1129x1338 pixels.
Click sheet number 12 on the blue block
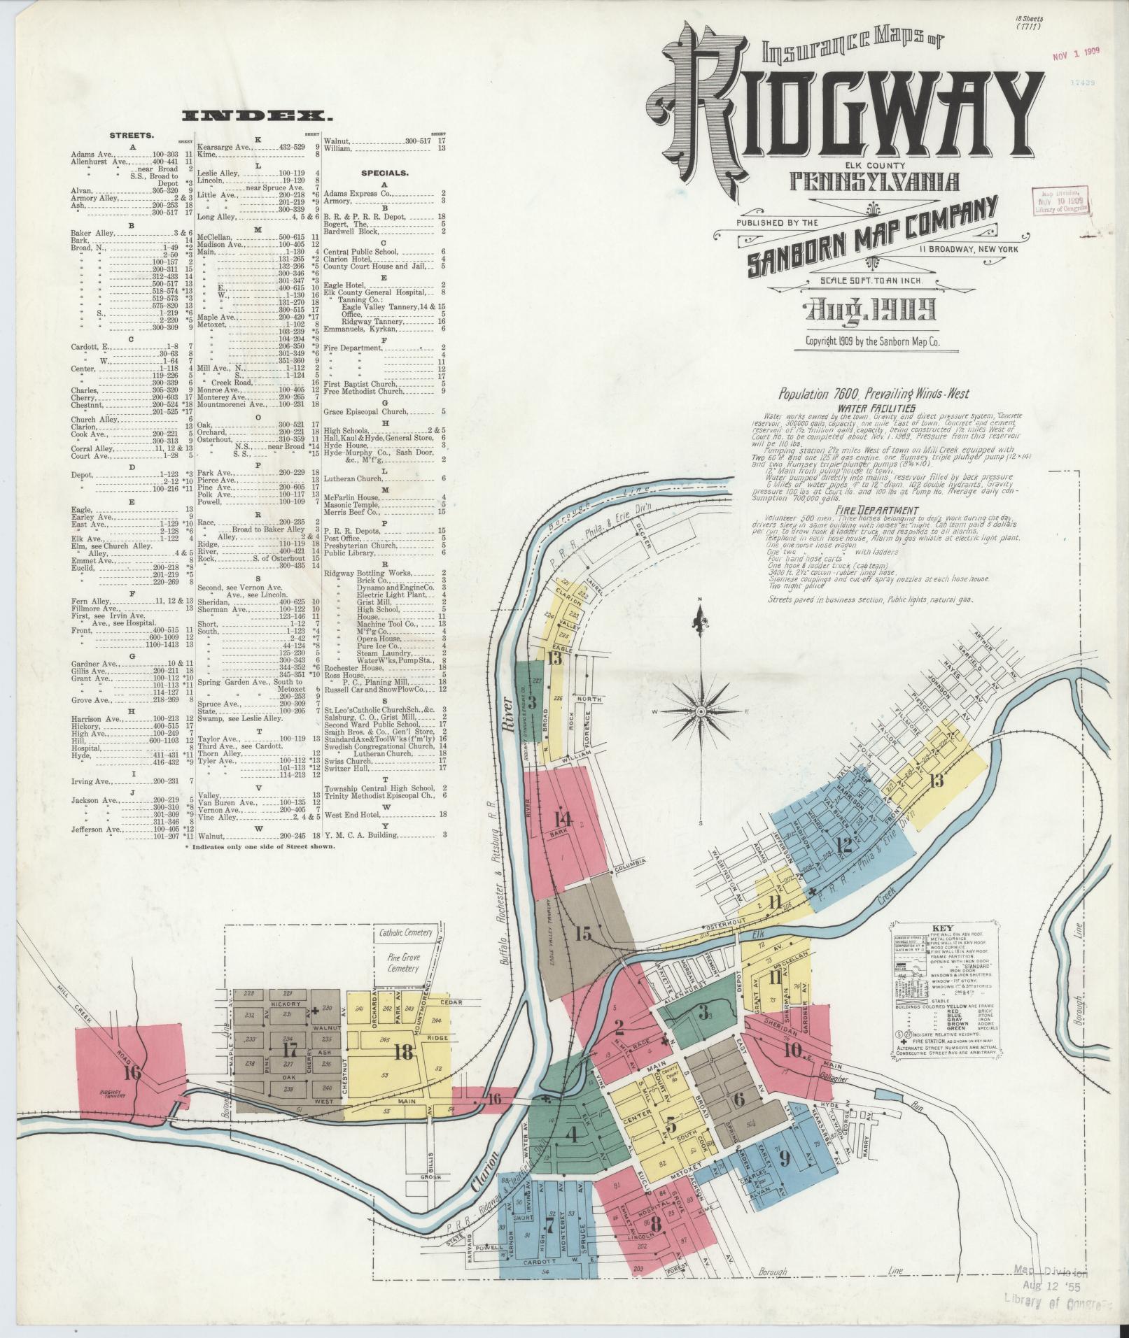click(844, 845)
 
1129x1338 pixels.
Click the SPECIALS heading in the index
click(385, 172)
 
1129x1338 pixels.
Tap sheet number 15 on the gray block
click(584, 933)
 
